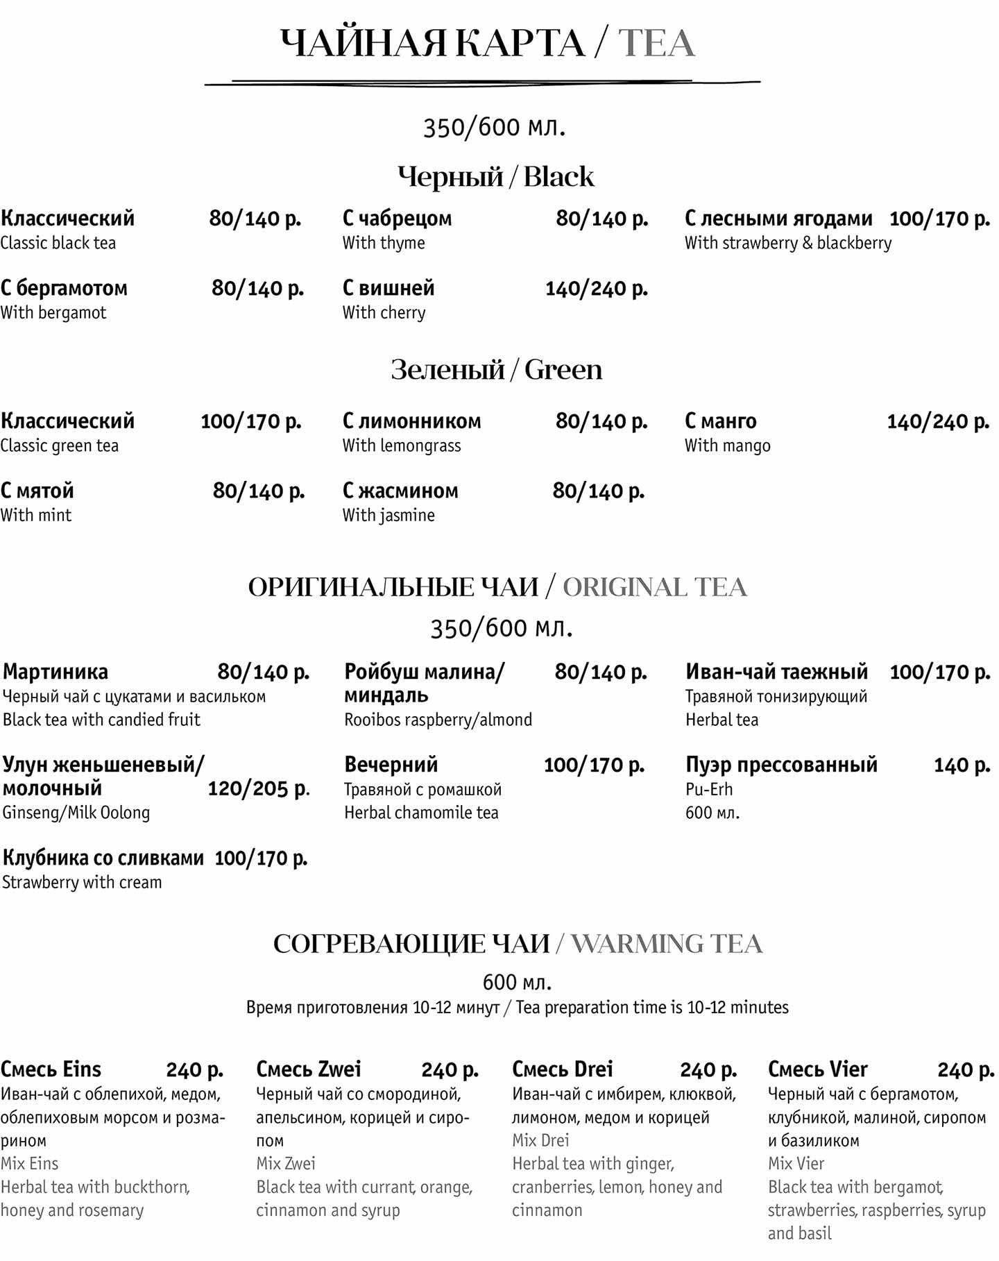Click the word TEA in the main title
656,43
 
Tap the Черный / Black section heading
495,176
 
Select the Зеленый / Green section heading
496,369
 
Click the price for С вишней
596,289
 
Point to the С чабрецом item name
397,219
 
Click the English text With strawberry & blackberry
787,243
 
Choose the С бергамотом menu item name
64,288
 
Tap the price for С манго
938,421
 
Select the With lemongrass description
401,446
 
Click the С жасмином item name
400,491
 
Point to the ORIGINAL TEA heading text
654,587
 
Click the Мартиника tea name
55,672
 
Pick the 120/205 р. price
259,788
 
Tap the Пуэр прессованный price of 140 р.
962,765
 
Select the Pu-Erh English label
708,789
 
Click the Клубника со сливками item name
103,858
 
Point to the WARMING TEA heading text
666,944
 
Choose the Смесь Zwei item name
308,1069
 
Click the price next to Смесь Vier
965,1070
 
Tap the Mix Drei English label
540,1140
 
